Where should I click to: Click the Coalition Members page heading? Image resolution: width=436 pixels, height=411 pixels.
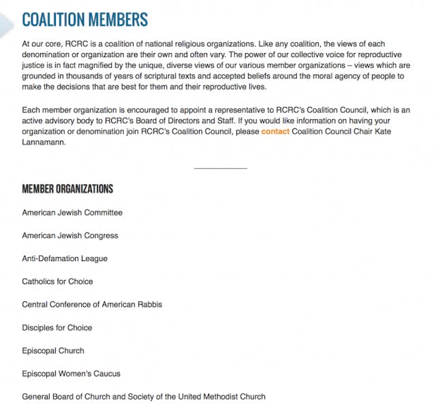(x=84, y=19)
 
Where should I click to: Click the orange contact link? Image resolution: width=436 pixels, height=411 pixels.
(x=275, y=132)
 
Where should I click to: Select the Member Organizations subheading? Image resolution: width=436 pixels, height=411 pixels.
(x=67, y=189)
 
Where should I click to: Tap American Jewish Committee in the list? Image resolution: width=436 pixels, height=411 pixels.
(x=72, y=213)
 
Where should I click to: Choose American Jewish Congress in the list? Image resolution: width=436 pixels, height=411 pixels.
(x=70, y=236)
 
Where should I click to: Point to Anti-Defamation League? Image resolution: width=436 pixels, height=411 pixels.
(x=65, y=259)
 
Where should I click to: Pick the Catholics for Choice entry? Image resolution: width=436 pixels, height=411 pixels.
(x=57, y=281)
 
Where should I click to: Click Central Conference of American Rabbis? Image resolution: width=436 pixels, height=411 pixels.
(x=92, y=305)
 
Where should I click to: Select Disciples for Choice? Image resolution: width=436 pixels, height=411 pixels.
(x=57, y=328)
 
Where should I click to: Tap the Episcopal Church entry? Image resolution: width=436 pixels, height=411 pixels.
(x=53, y=351)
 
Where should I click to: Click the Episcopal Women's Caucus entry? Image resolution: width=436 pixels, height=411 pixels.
(x=71, y=374)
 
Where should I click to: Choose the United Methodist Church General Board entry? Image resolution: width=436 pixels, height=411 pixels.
(x=144, y=397)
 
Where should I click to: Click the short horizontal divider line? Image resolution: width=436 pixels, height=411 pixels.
(x=220, y=168)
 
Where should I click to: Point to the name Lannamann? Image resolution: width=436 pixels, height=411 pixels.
(x=45, y=143)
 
